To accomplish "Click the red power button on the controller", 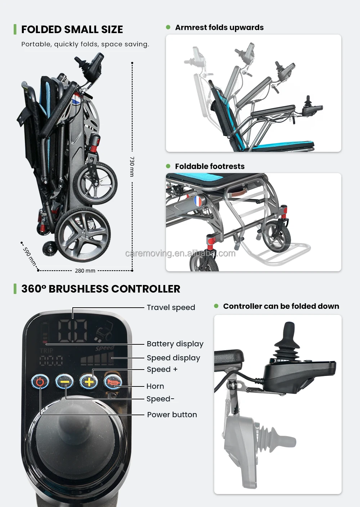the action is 40,382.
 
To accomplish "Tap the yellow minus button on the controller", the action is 64,382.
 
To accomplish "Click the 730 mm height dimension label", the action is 132,166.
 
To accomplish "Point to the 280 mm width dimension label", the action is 85,271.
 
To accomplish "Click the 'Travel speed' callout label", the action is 171,308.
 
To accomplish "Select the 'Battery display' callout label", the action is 175,344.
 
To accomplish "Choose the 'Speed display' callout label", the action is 173,358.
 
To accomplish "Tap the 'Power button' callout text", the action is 172,415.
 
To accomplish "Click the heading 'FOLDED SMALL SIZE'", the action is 72,30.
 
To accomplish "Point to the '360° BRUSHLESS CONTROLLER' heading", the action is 100,289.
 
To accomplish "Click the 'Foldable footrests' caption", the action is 210,166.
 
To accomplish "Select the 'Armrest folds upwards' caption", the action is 219,28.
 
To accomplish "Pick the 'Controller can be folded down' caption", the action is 281,306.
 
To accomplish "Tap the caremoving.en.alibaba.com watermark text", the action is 180,253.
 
